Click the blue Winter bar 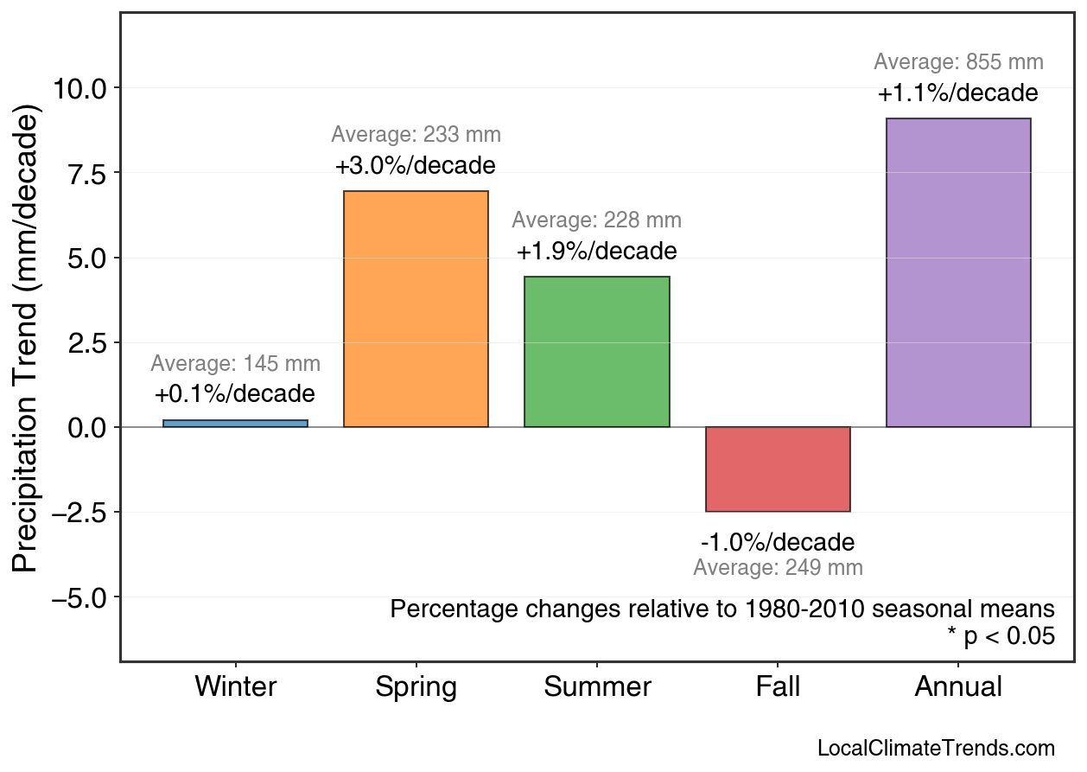[235, 424]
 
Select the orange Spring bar [416, 309]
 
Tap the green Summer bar [596, 352]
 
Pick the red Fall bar [778, 469]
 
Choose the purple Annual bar [958, 273]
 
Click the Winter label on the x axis [235, 687]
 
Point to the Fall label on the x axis [778, 687]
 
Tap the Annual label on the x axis [958, 687]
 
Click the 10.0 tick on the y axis [79, 88]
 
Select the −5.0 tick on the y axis [79, 597]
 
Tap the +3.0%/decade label [416, 165]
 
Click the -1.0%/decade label [778, 543]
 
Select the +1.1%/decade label [958, 93]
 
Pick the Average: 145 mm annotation [235, 364]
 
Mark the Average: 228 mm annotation [596, 220]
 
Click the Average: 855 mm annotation [958, 62]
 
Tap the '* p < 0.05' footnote [1001, 637]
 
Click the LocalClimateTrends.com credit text [936, 749]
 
